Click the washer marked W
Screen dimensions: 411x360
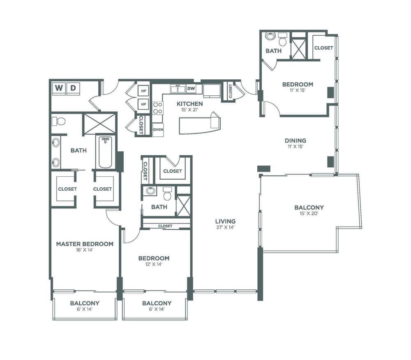59,88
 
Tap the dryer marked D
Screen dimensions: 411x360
73,88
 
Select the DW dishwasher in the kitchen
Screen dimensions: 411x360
191,88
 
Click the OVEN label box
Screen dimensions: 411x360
158,130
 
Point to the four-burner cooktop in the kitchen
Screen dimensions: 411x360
157,108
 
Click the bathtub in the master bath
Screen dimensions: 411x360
105,152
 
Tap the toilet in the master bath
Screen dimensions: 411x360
58,121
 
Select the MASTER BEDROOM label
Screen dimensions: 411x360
85,244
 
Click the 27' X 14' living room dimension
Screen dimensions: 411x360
225,227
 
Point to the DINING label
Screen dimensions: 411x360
296,141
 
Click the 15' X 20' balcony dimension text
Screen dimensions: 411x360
309,214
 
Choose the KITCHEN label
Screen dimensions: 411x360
189,104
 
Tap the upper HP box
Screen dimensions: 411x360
143,91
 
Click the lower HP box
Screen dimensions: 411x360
143,104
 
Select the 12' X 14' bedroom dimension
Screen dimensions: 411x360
154,264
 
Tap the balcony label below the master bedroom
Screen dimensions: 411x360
85,303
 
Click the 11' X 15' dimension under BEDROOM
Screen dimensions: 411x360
298,90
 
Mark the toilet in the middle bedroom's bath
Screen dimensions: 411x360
167,194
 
